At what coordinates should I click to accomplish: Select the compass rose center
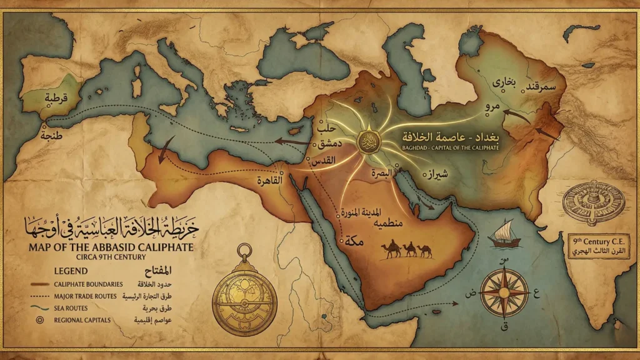(x=504, y=292)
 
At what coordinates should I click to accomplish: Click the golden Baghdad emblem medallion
(x=367, y=141)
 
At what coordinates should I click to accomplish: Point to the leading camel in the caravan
(x=393, y=248)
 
